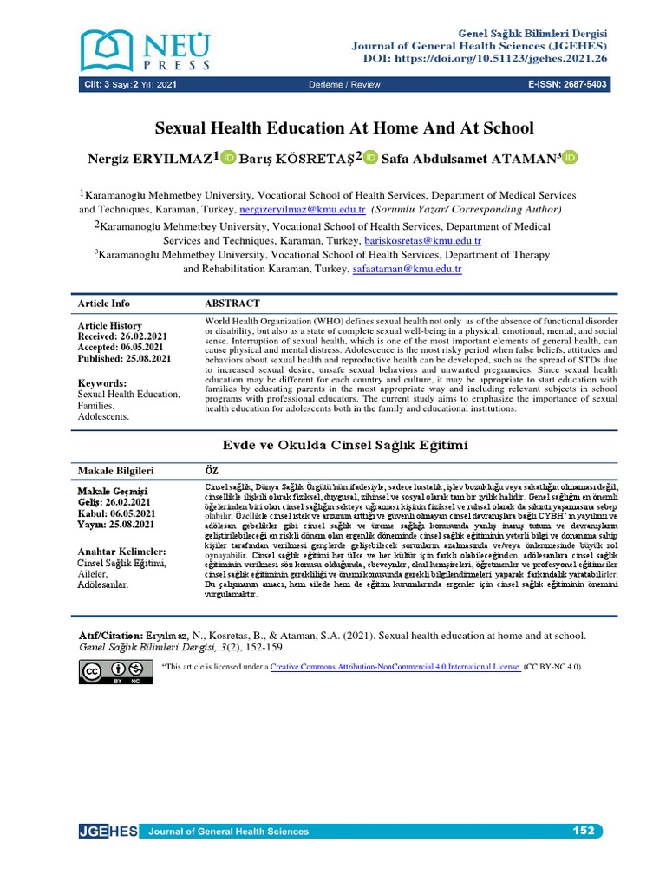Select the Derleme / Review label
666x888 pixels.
[x=344, y=84]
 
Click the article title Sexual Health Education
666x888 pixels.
[x=344, y=128]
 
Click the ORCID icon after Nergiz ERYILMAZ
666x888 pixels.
[x=229, y=157]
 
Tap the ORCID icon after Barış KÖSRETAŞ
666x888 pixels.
[x=371, y=157]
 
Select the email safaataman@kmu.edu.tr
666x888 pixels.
[x=408, y=269]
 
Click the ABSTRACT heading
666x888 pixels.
[x=232, y=304]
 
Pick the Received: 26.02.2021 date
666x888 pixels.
[x=124, y=336]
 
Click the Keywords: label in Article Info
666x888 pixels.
[x=102, y=382]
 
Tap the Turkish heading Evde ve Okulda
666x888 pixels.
[x=345, y=445]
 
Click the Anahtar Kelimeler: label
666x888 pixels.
[x=121, y=552]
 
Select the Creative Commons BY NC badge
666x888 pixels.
[x=111, y=671]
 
